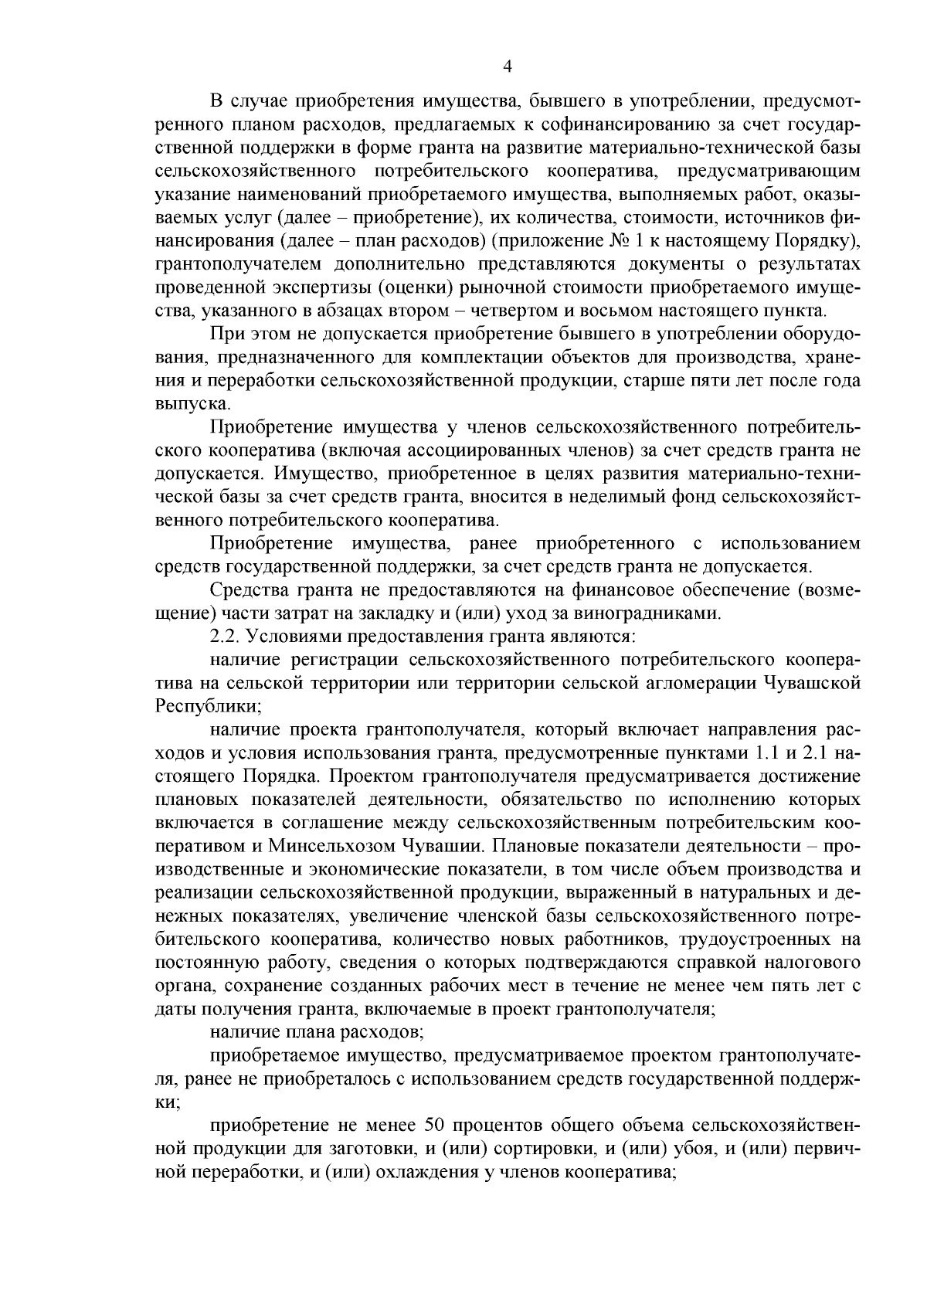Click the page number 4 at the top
point(507,66)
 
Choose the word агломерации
point(701,683)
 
